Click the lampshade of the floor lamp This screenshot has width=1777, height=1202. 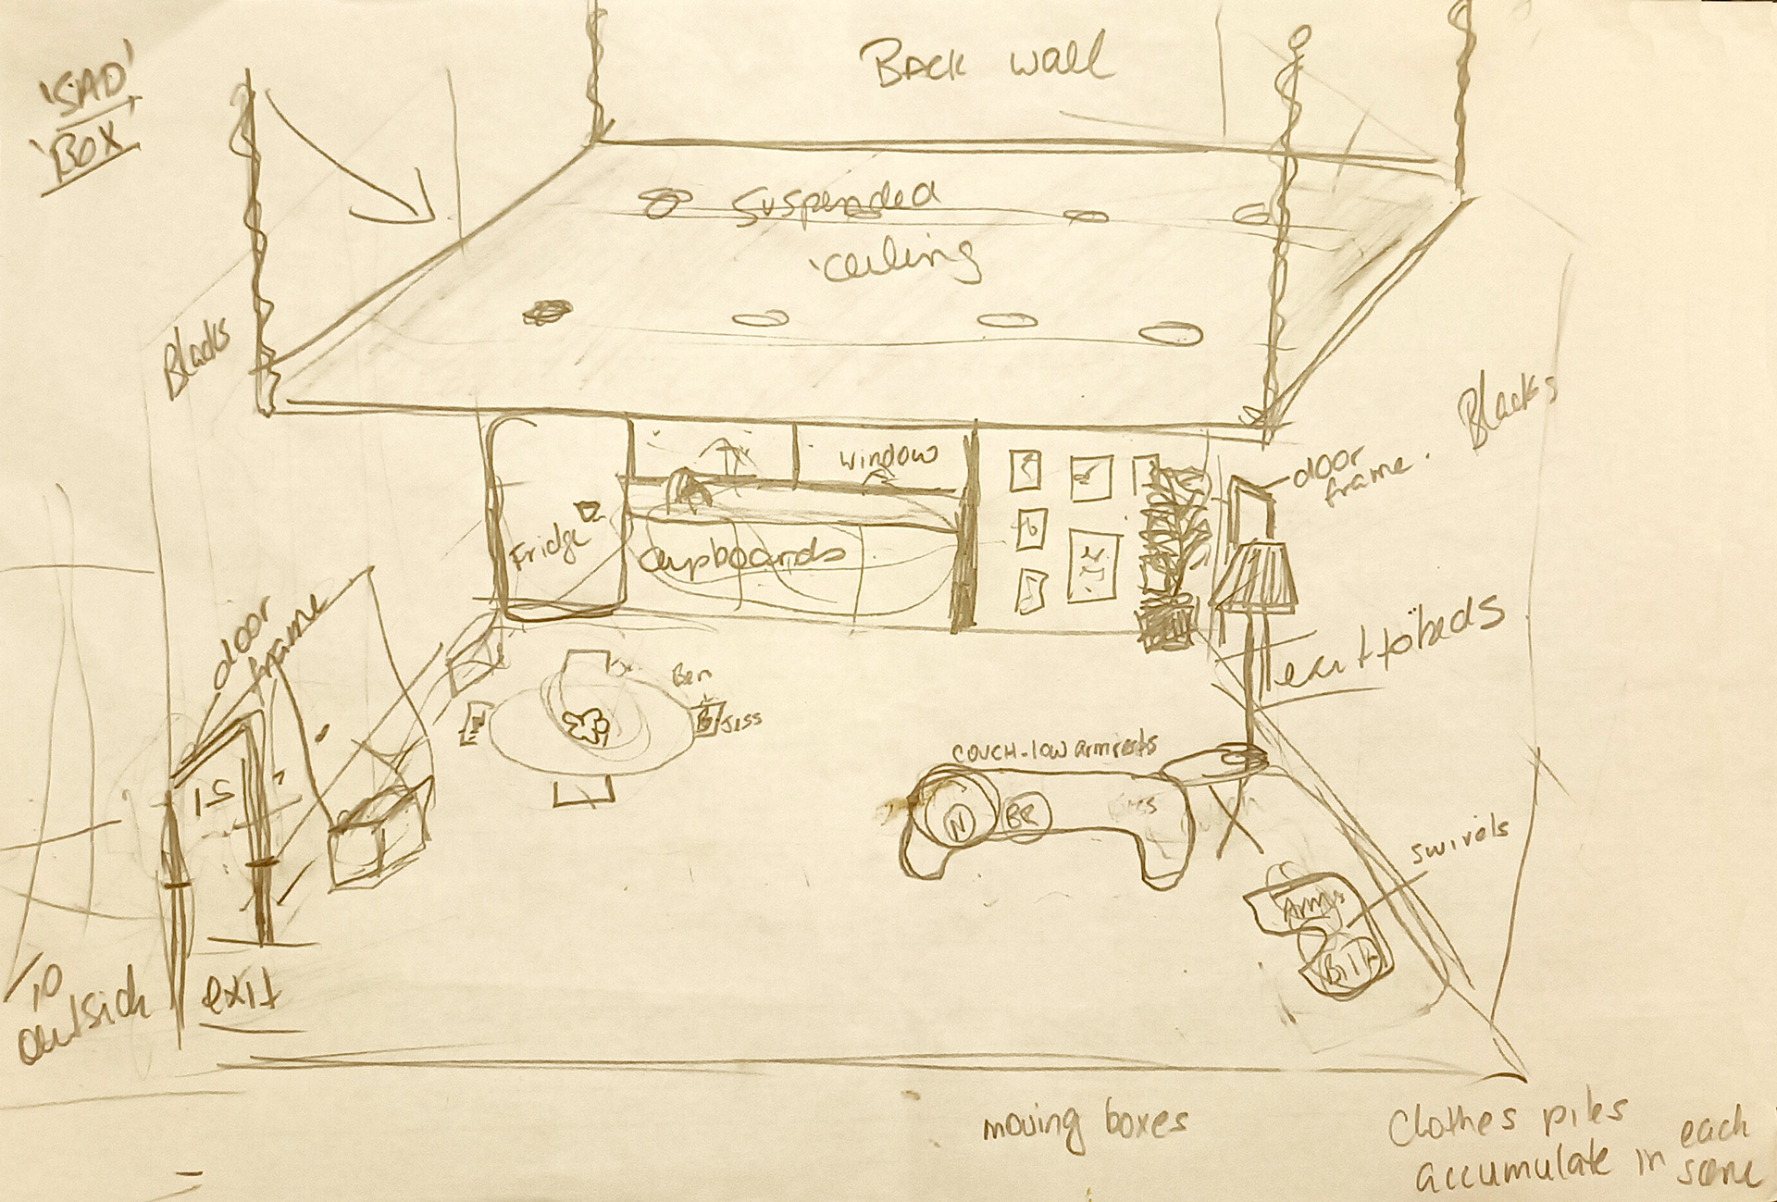pos(1251,577)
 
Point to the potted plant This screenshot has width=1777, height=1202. pos(1171,555)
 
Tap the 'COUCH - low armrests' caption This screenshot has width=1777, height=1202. pos(1054,748)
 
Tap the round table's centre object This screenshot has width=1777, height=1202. pos(586,725)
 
